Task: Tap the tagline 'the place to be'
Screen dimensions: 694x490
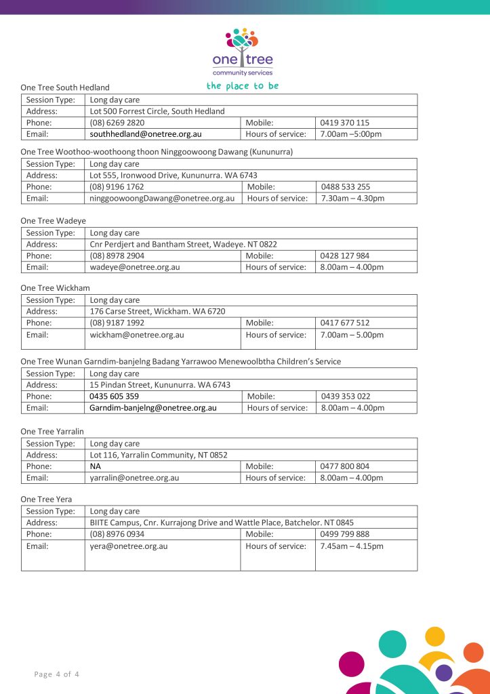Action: (x=242, y=86)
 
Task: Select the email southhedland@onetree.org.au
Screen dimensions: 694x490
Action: (x=146, y=134)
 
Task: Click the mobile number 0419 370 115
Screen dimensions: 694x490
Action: (x=345, y=123)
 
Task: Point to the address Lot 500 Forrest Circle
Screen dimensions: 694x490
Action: (x=157, y=111)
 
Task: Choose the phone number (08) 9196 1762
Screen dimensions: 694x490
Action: (x=117, y=186)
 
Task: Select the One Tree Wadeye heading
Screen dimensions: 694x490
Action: (x=53, y=220)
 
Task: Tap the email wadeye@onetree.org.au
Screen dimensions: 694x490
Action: (x=135, y=267)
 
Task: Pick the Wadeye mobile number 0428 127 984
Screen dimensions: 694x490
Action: (x=345, y=256)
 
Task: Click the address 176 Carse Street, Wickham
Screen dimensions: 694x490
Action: (x=157, y=311)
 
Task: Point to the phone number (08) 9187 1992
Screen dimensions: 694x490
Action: (x=117, y=323)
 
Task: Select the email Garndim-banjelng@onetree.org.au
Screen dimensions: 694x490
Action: (x=153, y=408)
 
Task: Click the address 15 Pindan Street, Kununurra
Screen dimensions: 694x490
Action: (x=160, y=384)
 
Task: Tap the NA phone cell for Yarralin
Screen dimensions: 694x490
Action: (x=96, y=466)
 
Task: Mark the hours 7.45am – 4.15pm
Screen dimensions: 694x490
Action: (x=352, y=546)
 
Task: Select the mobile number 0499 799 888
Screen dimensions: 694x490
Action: (x=345, y=534)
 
